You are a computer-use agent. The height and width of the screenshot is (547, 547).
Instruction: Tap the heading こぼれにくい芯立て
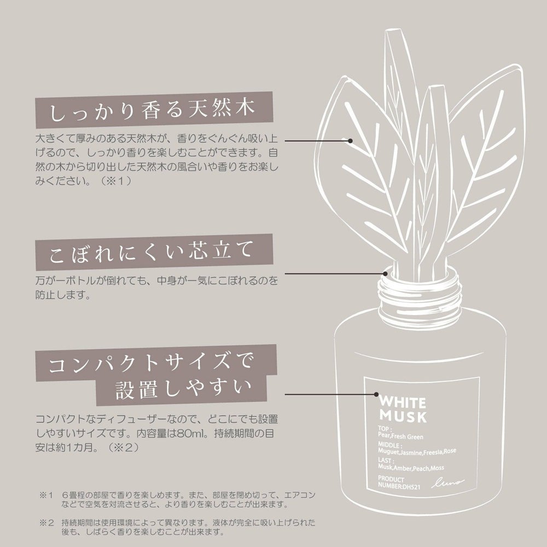(151, 252)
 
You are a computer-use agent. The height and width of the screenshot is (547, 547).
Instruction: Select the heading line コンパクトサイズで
(151, 364)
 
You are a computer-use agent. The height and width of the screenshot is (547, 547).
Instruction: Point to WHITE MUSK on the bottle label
(403, 410)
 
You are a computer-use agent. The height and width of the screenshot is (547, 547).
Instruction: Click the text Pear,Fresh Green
(400, 436)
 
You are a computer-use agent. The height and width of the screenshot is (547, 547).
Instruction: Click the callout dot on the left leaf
(350, 141)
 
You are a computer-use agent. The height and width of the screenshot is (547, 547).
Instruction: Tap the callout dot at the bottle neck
(385, 274)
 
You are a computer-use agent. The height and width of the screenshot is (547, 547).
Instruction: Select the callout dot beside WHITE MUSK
(376, 394)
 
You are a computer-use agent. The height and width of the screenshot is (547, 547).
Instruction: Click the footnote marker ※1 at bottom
(46, 495)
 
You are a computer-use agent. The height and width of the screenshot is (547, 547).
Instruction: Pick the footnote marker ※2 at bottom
(46, 522)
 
